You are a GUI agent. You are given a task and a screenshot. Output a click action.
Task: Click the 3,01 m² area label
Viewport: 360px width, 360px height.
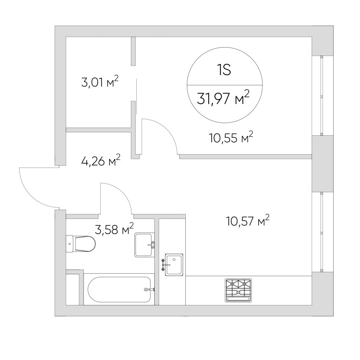tap(100, 82)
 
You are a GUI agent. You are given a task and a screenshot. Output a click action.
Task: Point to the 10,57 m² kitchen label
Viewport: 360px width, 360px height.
tap(247, 221)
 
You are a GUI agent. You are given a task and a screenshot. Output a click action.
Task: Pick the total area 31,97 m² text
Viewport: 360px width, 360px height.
tap(223, 98)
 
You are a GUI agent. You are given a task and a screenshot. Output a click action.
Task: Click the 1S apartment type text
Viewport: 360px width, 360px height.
tap(224, 70)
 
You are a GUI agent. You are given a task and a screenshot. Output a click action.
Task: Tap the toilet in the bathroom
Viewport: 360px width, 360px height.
tap(80, 244)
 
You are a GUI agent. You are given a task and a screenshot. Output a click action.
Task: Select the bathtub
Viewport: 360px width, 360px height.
tap(119, 289)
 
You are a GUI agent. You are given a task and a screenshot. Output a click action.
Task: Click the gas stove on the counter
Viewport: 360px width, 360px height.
tap(238, 290)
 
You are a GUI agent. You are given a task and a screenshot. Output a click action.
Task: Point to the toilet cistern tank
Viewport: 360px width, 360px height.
tap(70, 244)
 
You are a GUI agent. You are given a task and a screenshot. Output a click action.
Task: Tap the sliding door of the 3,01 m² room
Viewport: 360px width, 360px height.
tap(137, 97)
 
